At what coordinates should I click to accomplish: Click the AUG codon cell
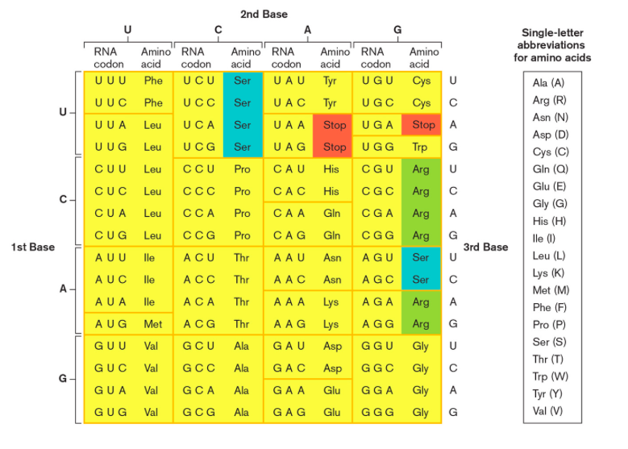tap(106, 324)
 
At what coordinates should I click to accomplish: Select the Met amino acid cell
tap(152, 324)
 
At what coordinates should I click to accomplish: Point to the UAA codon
tap(288, 125)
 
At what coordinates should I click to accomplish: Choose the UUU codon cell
tap(106, 81)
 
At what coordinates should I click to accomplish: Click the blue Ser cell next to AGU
tap(421, 258)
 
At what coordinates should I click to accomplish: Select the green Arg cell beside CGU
tap(421, 169)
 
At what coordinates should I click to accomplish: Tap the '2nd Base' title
tap(264, 15)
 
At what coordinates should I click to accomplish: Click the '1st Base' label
tap(33, 247)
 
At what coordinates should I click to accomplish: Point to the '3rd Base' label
tap(486, 247)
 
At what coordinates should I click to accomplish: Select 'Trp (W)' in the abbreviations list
tap(551, 376)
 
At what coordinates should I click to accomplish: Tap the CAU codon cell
tap(288, 169)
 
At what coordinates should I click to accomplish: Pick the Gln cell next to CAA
tap(331, 214)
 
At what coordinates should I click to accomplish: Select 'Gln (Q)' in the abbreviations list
tap(551, 169)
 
